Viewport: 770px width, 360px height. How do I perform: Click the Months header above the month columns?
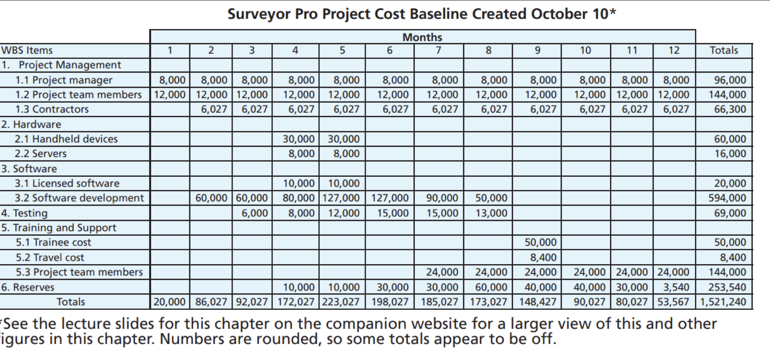[x=422, y=37]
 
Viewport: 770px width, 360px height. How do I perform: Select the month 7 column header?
[x=438, y=51]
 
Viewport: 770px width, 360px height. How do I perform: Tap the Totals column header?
[x=723, y=51]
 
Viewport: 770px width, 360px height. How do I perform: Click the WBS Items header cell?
[x=27, y=51]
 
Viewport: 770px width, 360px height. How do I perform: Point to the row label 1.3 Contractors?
[x=52, y=109]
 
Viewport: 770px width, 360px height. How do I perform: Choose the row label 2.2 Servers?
[x=41, y=154]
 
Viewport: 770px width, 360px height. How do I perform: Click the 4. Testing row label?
[x=24, y=213]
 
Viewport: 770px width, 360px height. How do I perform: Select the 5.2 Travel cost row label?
[x=50, y=257]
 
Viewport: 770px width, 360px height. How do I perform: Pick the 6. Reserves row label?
[x=28, y=287]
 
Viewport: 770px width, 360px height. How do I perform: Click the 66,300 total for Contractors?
[x=730, y=109]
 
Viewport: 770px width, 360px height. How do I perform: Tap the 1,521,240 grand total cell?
[x=723, y=302]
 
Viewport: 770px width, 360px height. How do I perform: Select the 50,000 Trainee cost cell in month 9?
[x=540, y=243]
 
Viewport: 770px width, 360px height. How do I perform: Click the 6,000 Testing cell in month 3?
[x=254, y=213]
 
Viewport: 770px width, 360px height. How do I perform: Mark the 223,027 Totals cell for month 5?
[x=340, y=302]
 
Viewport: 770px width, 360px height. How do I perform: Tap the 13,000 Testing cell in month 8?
[x=491, y=213]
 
